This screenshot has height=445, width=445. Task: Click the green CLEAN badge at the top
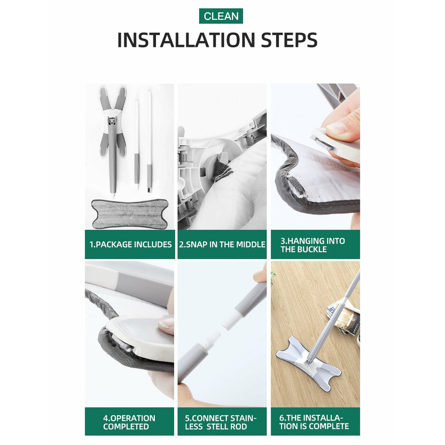pos(221,16)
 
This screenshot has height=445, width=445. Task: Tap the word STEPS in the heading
pos(289,40)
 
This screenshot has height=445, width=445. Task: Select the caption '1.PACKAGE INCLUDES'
pos(130,244)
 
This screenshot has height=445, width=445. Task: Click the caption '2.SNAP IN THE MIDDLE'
pos(222,244)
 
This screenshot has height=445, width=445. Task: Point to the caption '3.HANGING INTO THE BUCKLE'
pos(313,245)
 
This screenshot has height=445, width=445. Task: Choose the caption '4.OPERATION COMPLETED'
pos(129,422)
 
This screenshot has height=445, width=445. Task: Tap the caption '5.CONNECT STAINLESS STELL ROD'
pos(220,422)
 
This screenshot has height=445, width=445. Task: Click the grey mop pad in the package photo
pos(130,214)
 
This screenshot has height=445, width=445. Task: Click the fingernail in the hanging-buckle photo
pos(337,128)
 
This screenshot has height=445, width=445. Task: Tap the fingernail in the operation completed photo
pos(166,323)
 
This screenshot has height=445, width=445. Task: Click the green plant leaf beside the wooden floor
pos(273,275)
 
